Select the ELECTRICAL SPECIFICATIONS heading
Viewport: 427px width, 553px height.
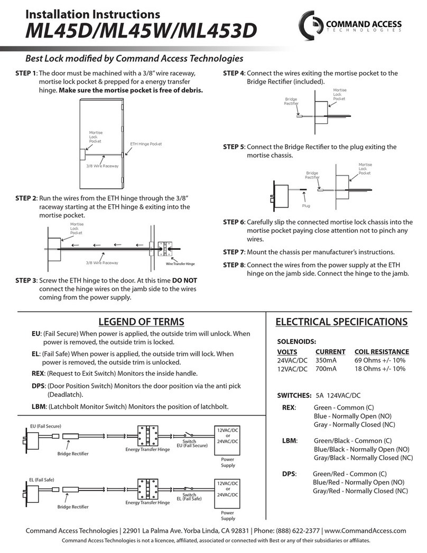342,322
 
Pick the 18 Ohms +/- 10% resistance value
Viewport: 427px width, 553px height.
379,369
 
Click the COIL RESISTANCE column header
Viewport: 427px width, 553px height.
381,352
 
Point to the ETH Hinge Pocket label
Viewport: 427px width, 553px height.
145,144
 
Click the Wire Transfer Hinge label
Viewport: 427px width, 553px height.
180,264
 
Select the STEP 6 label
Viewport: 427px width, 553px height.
234,222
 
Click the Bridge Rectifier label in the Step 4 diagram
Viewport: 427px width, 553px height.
291,102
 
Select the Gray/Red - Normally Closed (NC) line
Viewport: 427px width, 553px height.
360,491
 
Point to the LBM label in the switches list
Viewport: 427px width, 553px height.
290,441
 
